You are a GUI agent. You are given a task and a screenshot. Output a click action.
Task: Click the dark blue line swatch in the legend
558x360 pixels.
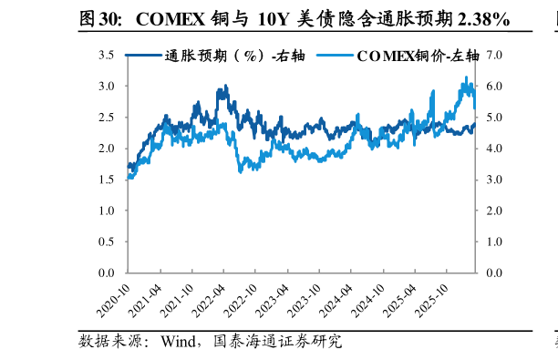tap(141, 56)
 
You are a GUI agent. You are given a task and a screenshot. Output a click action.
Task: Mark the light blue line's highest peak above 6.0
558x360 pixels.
tap(467, 77)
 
